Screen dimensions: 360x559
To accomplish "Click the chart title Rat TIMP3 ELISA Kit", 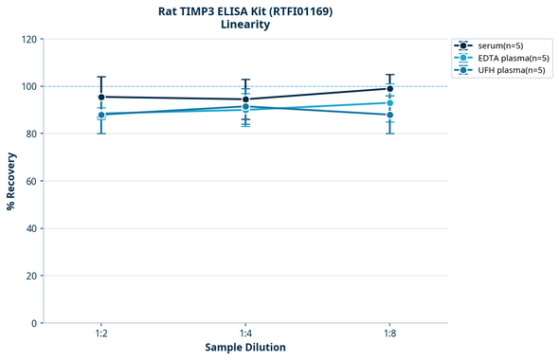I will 244,10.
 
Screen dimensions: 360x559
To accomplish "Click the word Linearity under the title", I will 244,25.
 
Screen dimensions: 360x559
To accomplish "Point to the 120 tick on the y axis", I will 28,39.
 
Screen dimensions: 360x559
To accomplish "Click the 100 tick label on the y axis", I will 28,86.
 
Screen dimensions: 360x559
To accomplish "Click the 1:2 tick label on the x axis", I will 101,334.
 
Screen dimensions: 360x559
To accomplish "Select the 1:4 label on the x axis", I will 245,334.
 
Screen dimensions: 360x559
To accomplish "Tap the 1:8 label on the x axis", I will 389,334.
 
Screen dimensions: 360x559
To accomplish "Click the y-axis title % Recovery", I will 10,180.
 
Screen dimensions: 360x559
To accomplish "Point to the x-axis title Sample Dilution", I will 245,348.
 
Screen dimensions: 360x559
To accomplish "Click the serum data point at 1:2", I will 101,97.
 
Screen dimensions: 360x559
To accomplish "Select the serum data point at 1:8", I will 389,88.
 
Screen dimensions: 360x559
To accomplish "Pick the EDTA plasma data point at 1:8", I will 389,102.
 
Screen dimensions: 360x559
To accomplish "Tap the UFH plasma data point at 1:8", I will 389,115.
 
